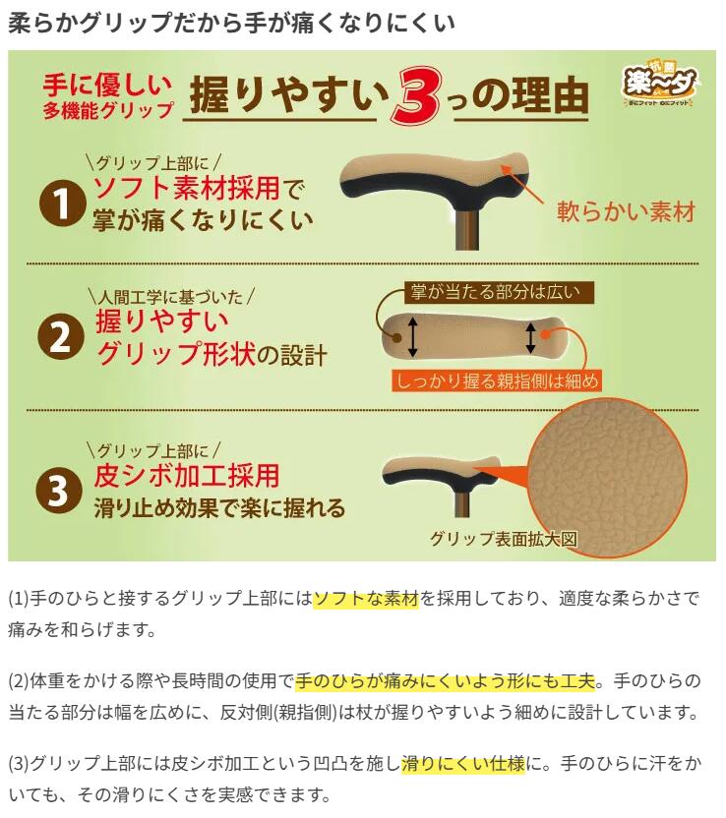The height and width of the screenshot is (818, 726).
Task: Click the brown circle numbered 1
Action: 62,203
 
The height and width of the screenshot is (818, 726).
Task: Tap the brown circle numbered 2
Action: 61,336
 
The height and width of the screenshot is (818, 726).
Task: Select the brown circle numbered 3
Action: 58,491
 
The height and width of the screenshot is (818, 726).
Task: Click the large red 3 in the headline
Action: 417,96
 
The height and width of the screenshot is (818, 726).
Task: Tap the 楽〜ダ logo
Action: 660,86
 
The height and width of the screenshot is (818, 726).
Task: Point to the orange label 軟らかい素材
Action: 626,211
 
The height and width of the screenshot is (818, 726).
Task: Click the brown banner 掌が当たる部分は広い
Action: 500,292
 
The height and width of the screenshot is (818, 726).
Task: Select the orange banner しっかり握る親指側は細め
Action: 497,380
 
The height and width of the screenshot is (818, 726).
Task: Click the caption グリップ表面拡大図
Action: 503,539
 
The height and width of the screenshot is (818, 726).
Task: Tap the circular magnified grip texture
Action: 608,480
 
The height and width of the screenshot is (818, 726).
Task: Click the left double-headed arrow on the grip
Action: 412,337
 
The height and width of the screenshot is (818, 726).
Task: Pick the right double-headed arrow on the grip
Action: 531,337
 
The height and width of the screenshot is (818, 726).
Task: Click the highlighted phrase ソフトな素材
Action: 366,599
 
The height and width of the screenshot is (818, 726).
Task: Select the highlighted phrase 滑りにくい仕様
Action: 463,764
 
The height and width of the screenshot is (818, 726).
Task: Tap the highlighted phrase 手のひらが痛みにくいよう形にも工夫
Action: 446,680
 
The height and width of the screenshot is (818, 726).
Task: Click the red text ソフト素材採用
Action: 186,188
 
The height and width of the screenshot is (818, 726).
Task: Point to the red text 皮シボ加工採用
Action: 186,475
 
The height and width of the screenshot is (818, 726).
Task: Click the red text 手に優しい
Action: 107,85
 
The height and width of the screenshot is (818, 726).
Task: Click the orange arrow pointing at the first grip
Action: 522,185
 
